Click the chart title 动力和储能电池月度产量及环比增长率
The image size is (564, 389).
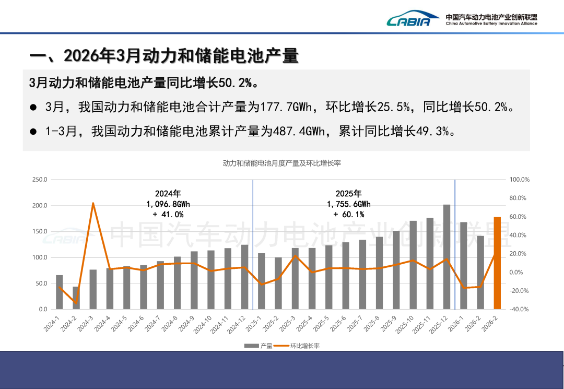pos(281,163)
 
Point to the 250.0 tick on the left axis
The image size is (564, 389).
pos(40,180)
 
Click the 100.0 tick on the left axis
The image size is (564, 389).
pos(40,257)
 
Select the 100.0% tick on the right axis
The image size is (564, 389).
pos(519,180)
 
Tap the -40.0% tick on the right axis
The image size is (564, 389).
pos(519,310)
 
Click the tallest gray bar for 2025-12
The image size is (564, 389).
pos(446,257)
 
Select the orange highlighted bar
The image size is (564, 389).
pos(497,263)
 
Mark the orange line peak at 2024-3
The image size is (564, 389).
pos(93,203)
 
